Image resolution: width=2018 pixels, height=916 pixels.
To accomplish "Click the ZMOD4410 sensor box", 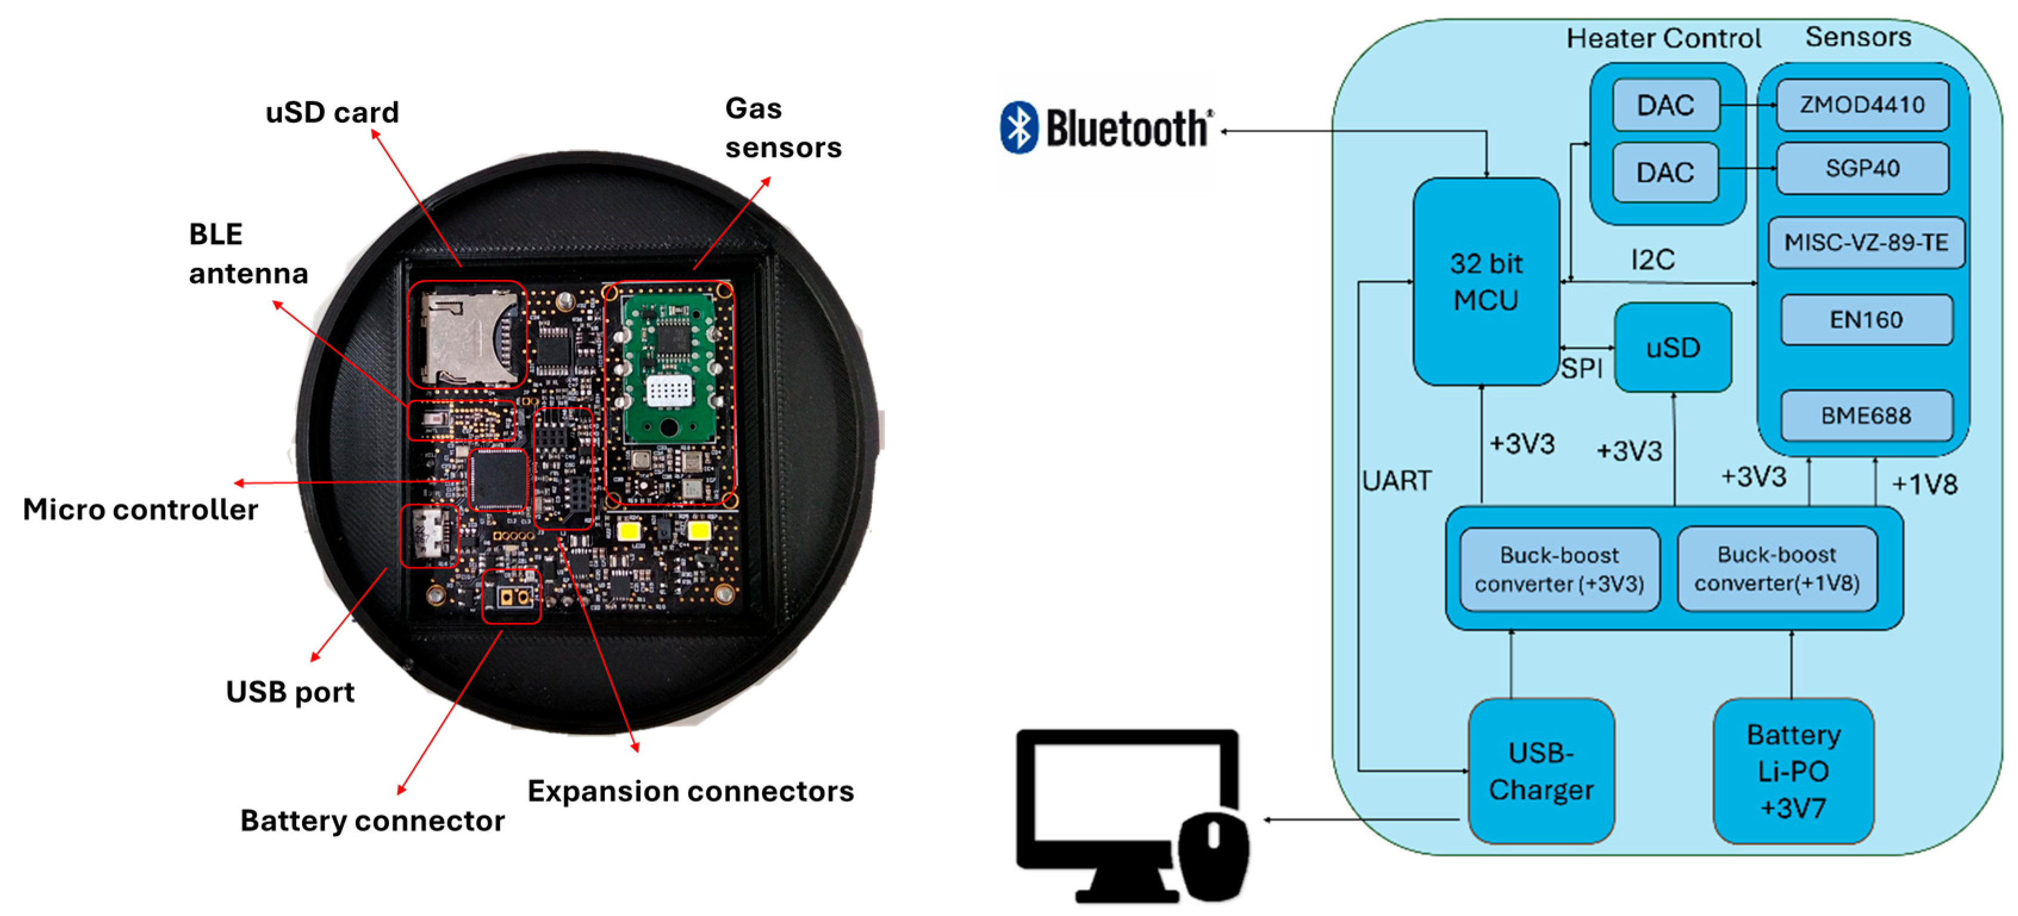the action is [x=1862, y=104].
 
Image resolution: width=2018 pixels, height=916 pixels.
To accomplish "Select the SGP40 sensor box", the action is [x=1862, y=168].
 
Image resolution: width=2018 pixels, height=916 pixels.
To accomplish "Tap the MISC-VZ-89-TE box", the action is [x=1866, y=243].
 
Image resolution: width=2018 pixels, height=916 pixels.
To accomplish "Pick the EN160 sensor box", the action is [x=1866, y=320].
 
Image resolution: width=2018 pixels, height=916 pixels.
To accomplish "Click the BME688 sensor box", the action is [x=1866, y=415].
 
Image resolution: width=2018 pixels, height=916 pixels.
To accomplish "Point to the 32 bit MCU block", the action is [x=1486, y=282].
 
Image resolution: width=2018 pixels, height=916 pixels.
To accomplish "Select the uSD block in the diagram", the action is [x=1673, y=348].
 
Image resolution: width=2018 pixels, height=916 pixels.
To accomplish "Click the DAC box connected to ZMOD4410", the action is [x=1665, y=105].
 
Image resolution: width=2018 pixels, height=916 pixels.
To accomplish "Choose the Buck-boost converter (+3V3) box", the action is [x=1559, y=569].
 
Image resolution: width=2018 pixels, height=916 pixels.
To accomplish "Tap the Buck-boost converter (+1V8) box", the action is [x=1777, y=569].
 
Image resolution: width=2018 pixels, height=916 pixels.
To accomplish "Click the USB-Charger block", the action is [x=1541, y=771].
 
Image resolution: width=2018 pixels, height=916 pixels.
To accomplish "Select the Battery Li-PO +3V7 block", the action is [x=1793, y=771].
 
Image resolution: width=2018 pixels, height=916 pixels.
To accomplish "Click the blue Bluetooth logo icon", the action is [x=1019, y=127].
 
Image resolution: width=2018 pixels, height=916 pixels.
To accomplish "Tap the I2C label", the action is [x=1653, y=259].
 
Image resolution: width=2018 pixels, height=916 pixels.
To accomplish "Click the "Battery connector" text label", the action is [x=372, y=821].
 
